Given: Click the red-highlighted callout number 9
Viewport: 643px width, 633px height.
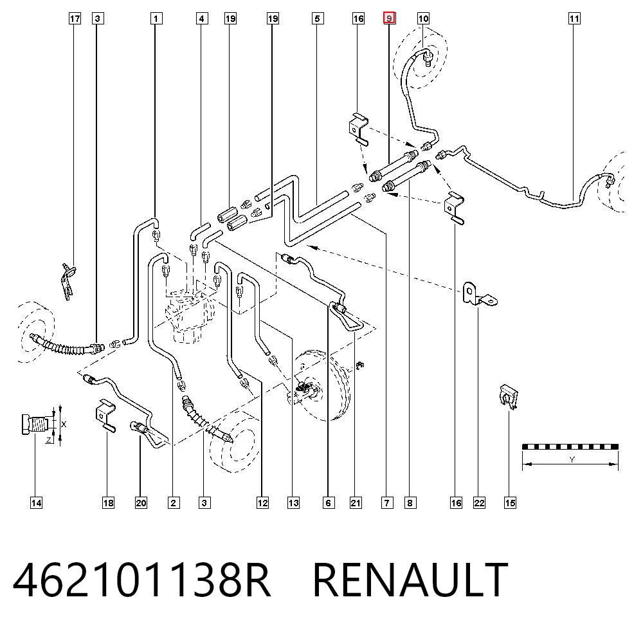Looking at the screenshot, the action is (389, 19).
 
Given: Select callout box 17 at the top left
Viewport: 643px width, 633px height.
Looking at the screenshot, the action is (75, 19).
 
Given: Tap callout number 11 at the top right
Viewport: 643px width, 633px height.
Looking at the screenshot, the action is (574, 19).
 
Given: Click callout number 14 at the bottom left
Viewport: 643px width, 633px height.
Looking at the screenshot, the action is (36, 503).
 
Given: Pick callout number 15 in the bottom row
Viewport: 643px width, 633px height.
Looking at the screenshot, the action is (510, 503).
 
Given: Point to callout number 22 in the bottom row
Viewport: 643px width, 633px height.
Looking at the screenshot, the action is (479, 503).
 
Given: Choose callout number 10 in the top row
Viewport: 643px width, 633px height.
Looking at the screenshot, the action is (423, 19).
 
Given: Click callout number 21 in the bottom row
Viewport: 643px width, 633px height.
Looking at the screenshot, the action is (356, 503).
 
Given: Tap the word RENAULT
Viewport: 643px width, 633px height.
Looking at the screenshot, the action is (410, 580).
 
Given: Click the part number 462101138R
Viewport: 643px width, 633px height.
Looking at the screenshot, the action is (142, 580).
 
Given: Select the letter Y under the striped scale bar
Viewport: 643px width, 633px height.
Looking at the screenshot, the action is (572, 459).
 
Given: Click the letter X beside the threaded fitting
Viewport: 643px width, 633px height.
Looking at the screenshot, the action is (64, 425).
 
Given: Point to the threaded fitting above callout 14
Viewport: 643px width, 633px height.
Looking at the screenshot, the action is (36, 423).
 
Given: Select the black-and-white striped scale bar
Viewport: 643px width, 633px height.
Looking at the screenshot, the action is (570, 446).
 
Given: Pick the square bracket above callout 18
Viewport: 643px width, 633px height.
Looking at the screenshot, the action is (105, 415).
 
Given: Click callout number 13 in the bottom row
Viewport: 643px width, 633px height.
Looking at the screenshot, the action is (293, 503).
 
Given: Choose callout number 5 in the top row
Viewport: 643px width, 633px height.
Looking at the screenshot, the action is (317, 19).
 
